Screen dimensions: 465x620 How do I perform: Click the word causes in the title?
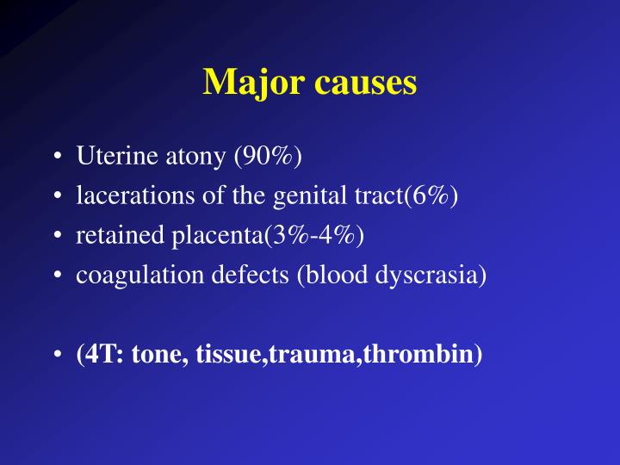click(365, 83)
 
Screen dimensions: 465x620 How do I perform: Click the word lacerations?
click(119, 197)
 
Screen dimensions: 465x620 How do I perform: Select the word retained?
click(108, 236)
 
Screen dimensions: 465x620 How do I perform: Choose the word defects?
click(217, 275)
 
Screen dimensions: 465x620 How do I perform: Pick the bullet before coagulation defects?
click(56, 276)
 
